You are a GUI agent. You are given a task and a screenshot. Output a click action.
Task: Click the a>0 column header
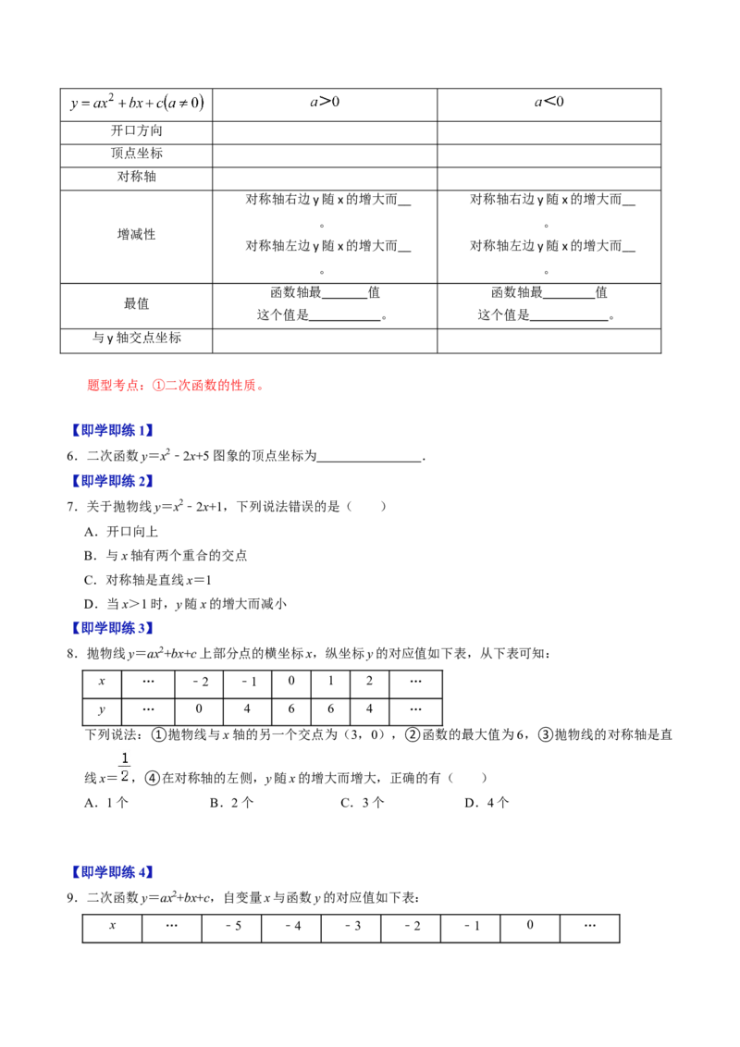coord(325,102)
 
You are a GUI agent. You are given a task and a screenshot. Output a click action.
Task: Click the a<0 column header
coord(549,102)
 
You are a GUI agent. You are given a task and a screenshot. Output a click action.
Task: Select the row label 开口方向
coord(137,131)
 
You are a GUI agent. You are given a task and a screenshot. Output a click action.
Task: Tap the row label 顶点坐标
coord(137,154)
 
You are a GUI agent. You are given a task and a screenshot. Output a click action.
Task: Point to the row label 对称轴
coord(137,177)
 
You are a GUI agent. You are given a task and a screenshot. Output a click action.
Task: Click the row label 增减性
coord(137,234)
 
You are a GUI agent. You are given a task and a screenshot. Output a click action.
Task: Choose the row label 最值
coord(137,303)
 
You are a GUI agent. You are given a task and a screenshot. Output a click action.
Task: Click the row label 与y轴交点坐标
coord(137,339)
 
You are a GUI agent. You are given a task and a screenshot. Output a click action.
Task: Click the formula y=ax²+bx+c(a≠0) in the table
coord(137,103)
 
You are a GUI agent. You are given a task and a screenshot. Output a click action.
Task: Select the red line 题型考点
coord(176,386)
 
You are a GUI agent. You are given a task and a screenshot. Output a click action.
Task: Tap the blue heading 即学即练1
coord(112,431)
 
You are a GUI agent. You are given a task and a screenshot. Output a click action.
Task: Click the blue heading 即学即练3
coord(112,628)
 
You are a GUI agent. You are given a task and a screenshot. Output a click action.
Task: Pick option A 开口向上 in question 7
coord(121,532)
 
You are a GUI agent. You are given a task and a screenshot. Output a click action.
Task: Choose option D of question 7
coord(186,604)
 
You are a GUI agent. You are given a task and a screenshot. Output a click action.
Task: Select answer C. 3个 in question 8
coord(363,803)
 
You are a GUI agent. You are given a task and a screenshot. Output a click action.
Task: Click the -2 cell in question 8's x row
coord(200,683)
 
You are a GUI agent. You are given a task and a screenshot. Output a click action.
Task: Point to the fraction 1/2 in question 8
coord(124,768)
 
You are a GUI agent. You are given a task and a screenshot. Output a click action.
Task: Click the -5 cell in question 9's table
coord(232,927)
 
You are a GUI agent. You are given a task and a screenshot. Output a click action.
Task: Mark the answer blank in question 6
coord(370,459)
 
